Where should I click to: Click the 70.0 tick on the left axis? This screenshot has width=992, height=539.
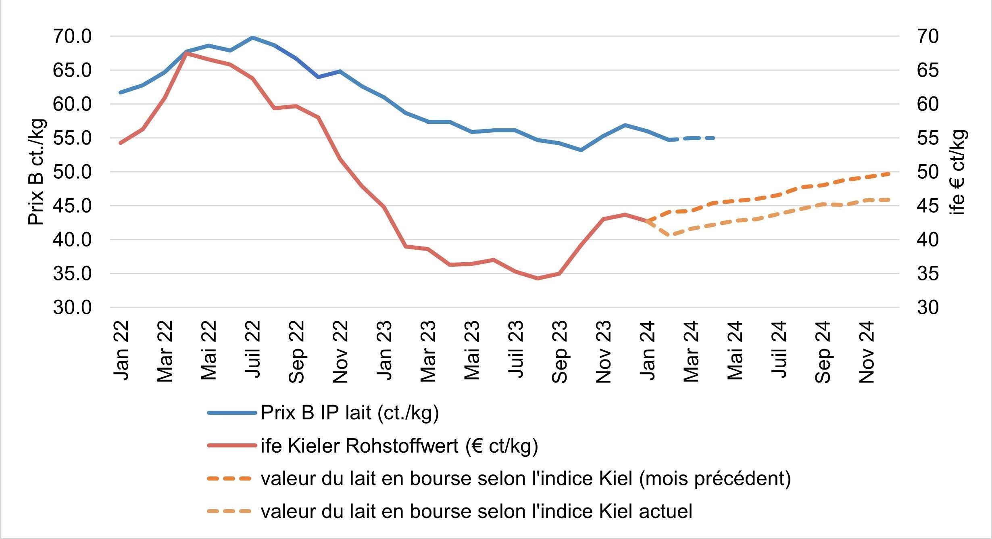(x=72, y=37)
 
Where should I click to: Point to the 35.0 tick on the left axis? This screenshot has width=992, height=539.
(x=72, y=274)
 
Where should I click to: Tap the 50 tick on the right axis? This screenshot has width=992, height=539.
(x=927, y=172)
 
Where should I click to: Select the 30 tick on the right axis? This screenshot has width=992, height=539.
(x=927, y=308)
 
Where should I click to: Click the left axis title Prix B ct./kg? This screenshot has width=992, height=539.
(x=36, y=172)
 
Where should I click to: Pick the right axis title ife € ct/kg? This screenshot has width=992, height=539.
(x=958, y=172)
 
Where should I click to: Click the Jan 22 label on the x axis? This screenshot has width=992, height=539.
(x=121, y=351)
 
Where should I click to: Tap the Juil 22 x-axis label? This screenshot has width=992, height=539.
(x=253, y=349)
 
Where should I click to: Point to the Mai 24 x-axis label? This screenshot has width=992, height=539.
(x=735, y=351)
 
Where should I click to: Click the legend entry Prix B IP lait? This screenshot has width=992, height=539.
(x=350, y=413)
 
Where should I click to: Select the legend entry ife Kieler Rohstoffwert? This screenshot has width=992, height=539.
(x=399, y=446)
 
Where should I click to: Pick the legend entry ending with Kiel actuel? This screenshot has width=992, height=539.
(x=477, y=512)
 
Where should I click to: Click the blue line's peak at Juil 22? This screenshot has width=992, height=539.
(x=252, y=38)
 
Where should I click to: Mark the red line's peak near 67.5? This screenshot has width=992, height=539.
(x=186, y=53)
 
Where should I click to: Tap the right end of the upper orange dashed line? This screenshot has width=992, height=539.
(x=889, y=173)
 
